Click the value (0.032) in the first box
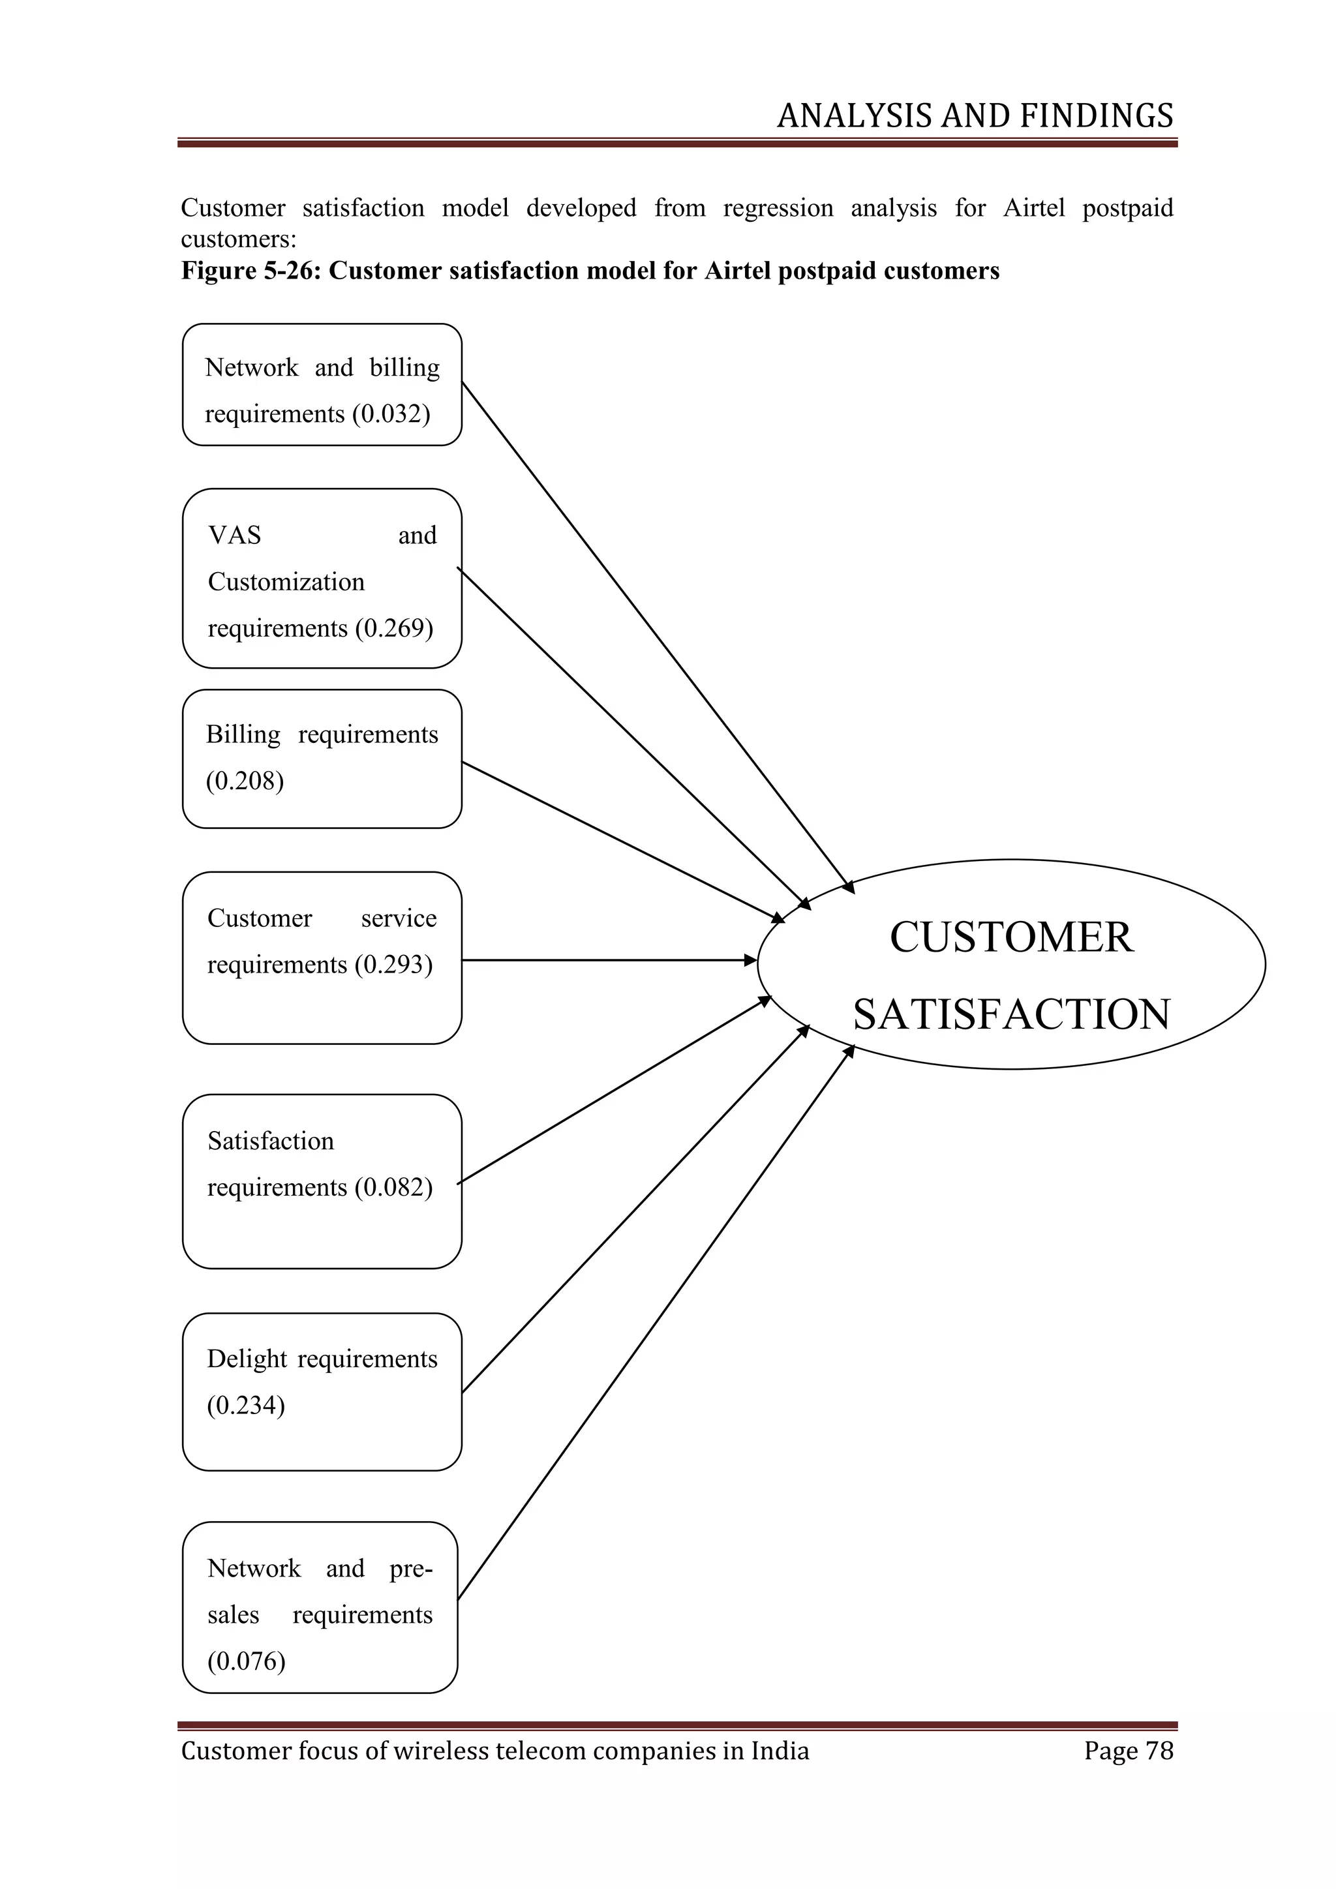point(391,414)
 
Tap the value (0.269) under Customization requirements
point(394,629)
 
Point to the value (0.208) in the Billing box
point(245,781)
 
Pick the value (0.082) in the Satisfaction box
point(393,1187)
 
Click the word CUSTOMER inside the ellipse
point(1011,937)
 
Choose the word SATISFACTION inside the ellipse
point(1011,1014)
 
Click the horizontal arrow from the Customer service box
point(609,960)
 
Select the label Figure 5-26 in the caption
point(249,271)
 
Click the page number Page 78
point(1128,1750)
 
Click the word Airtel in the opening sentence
point(1033,208)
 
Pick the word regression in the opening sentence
point(778,208)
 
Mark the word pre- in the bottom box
point(410,1568)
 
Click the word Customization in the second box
point(286,582)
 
